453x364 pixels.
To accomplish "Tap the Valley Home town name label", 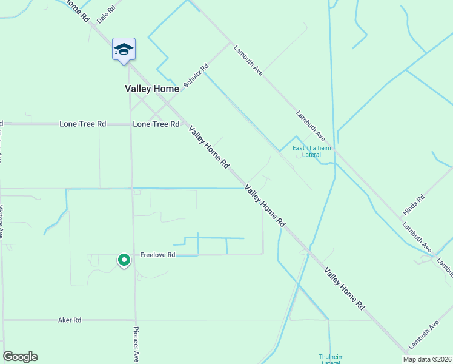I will [152, 89].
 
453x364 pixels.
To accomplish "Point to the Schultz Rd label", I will [196, 75].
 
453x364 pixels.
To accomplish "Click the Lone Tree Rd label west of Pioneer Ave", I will [83, 124].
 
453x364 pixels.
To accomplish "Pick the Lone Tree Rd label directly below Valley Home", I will [156, 124].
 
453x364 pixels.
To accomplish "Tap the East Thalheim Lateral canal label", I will [307, 152].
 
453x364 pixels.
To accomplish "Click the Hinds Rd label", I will [414, 206].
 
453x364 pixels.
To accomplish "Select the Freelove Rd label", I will [157, 255].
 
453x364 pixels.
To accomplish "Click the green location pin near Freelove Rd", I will [124, 260].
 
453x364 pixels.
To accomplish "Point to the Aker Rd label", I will [70, 320].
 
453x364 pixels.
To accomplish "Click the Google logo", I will [20, 357].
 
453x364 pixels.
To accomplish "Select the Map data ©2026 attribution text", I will [427, 359].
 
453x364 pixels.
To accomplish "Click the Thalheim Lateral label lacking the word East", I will [330, 359].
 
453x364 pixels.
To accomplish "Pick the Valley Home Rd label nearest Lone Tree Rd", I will [209, 147].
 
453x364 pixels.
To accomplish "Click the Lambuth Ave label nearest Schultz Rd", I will [248, 59].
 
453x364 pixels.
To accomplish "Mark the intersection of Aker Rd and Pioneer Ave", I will [136, 320].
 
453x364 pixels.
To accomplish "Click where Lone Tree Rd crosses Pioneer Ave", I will [131, 124].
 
